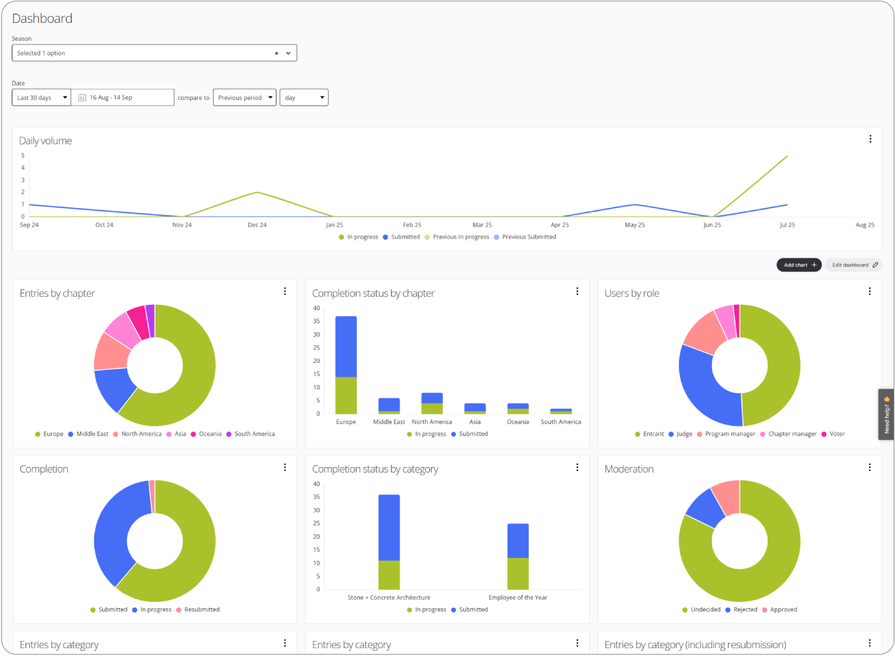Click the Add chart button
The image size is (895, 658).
pyautogui.click(x=798, y=265)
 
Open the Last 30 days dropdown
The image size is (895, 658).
pyautogui.click(x=41, y=97)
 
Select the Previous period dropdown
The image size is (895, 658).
pyautogui.click(x=244, y=97)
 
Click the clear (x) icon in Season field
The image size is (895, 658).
pyautogui.click(x=276, y=53)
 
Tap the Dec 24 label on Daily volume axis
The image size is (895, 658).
pyautogui.click(x=257, y=225)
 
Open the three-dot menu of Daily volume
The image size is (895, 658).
pyautogui.click(x=870, y=139)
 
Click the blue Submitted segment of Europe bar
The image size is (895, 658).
pyautogui.click(x=346, y=347)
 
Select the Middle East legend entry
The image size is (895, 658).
pyautogui.click(x=92, y=434)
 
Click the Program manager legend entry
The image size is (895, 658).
pyautogui.click(x=730, y=434)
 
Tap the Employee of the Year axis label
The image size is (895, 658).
pyautogui.click(x=517, y=597)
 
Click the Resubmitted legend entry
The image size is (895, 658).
pyautogui.click(x=201, y=610)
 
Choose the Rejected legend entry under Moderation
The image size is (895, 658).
pyautogui.click(x=745, y=610)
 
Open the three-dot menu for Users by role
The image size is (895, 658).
pyautogui.click(x=870, y=292)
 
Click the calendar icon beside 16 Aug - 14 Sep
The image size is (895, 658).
pyautogui.click(x=82, y=97)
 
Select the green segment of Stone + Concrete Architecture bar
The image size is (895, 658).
pyautogui.click(x=389, y=575)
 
